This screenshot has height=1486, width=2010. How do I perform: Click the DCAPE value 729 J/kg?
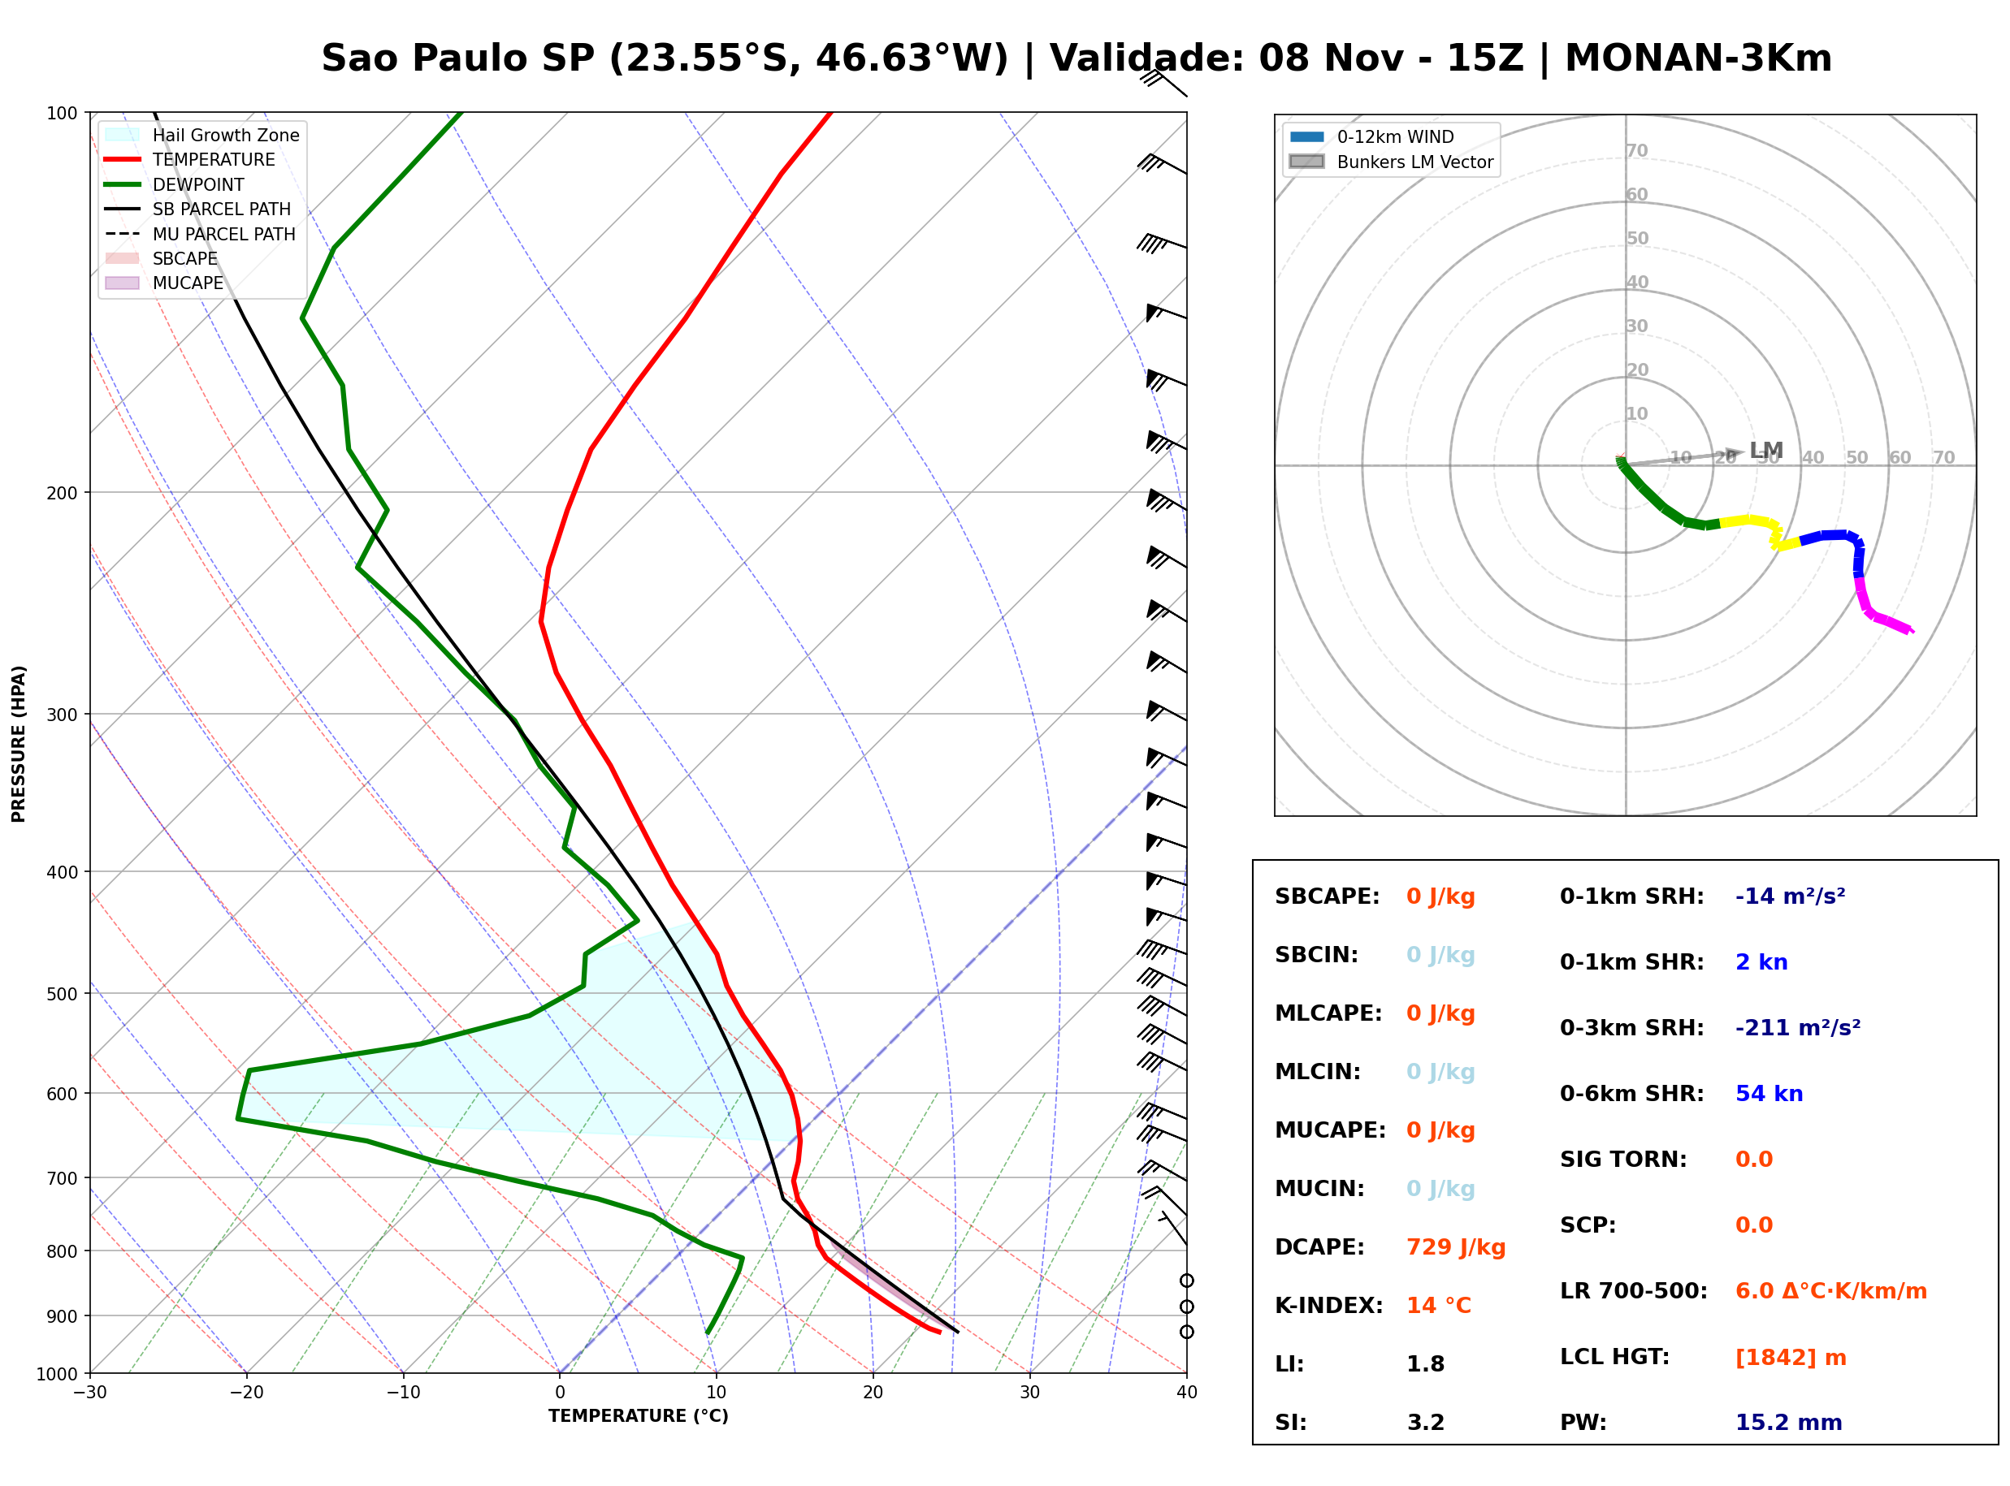1455,1246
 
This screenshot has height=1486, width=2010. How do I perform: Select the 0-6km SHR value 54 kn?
1768,1093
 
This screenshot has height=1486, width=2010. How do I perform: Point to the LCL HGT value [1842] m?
1790,1358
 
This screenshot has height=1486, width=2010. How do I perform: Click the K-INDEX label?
1328,1305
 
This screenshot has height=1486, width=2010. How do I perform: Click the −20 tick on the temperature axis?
245,1393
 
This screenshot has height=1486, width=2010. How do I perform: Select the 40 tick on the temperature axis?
1186,1393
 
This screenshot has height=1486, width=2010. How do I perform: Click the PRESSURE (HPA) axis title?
18,743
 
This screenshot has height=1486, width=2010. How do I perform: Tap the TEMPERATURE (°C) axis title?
638,1416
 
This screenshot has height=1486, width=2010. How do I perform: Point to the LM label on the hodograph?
1765,450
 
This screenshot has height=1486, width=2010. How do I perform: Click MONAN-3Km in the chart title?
1698,58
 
